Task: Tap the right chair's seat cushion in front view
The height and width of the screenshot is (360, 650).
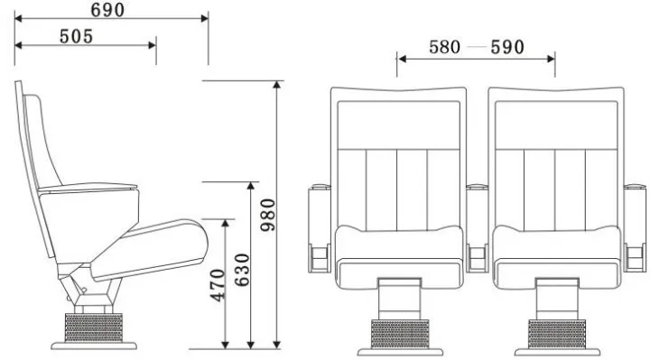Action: click(x=556, y=243)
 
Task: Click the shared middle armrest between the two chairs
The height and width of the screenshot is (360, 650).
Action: click(x=478, y=226)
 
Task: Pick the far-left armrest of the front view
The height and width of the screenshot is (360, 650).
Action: click(x=320, y=226)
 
